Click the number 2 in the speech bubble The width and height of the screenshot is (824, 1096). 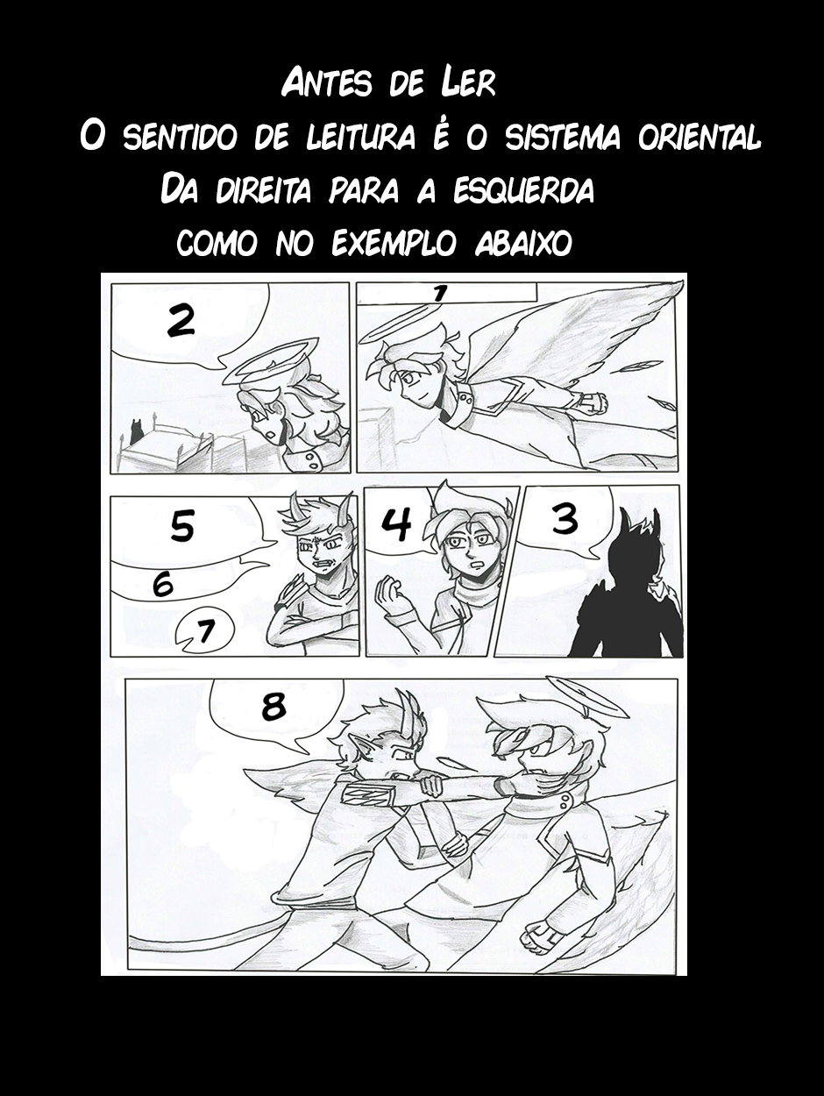181,322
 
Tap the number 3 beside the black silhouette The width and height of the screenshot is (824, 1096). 565,519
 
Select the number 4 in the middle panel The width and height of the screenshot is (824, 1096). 398,523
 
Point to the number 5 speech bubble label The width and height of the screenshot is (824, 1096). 181,528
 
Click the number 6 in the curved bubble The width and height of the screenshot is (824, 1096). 163,584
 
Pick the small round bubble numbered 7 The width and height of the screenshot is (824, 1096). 204,631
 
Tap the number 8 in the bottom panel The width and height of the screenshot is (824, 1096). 274,706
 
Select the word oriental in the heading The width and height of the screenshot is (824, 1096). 700,138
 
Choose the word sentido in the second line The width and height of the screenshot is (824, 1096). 177,138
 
